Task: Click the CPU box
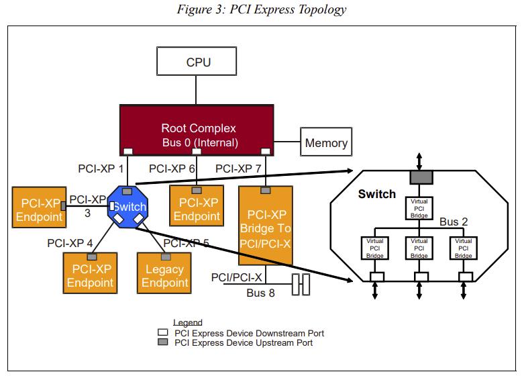pyautogui.click(x=198, y=62)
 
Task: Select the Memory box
pyautogui.click(x=326, y=142)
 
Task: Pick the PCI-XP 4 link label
pyautogui.click(x=70, y=242)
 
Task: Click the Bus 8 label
pyautogui.click(x=260, y=293)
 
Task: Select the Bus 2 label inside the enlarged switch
pyautogui.click(x=454, y=221)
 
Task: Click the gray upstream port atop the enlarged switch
pyautogui.click(x=419, y=177)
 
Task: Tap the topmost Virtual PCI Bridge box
pyautogui.click(x=419, y=207)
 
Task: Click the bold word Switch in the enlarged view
pyautogui.click(x=377, y=194)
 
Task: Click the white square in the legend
pyautogui.click(x=162, y=332)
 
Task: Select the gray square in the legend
pyautogui.click(x=162, y=342)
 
